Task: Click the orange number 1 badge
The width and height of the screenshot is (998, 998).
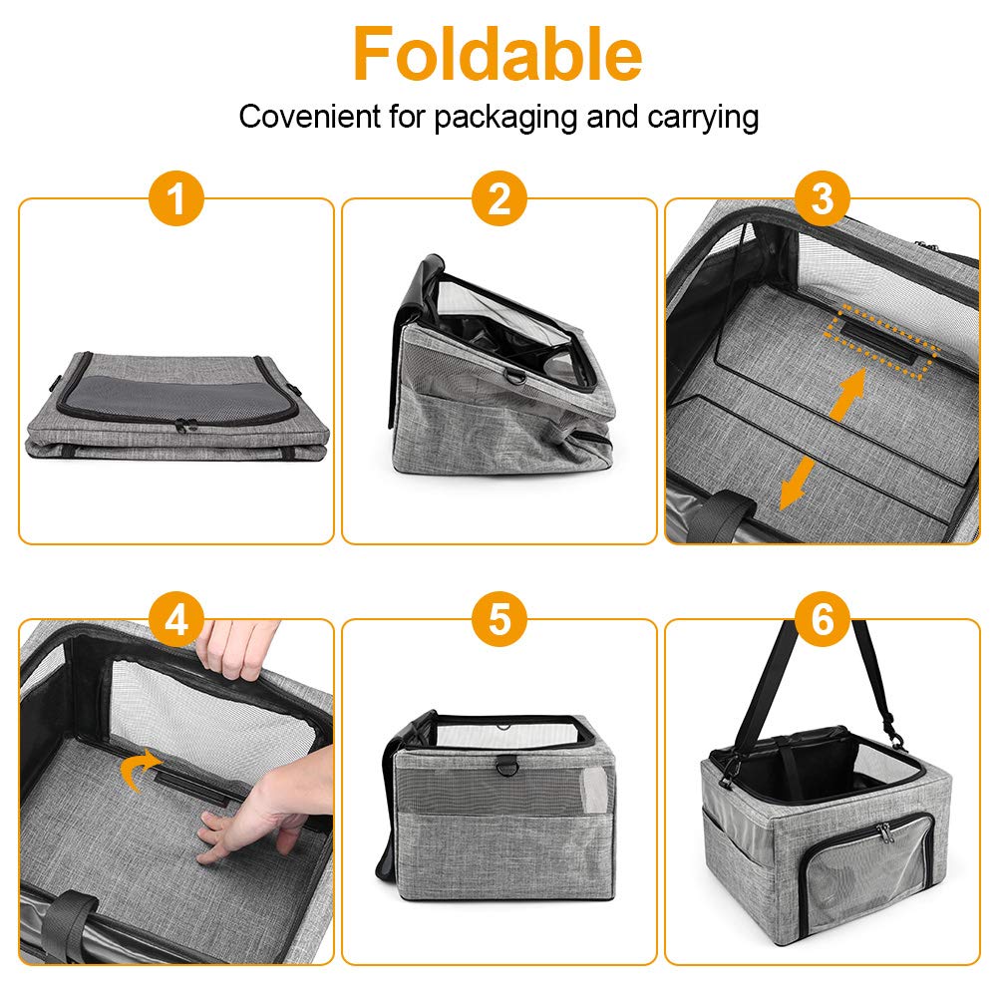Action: tap(176, 199)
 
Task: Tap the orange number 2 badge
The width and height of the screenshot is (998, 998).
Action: tap(499, 199)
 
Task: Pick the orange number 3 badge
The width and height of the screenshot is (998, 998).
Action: tap(823, 199)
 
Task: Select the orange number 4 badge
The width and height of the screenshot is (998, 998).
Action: tap(176, 620)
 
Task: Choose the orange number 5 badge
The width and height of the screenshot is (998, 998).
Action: tap(499, 620)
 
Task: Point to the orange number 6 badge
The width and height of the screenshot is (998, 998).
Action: tap(823, 620)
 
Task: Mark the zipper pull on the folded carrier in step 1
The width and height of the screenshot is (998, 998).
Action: tap(182, 425)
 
